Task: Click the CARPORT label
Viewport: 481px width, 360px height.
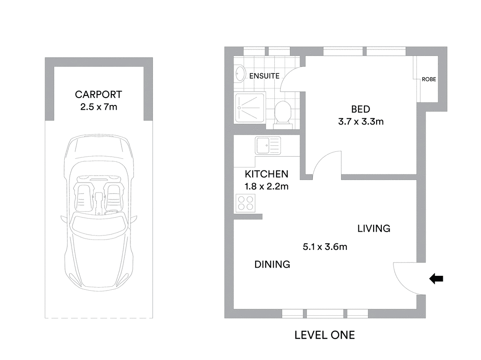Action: pyautogui.click(x=98, y=95)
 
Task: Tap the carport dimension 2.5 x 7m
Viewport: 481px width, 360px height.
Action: pyautogui.click(x=98, y=107)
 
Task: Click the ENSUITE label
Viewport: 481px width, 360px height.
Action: pyautogui.click(x=264, y=76)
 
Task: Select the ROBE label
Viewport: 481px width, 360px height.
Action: pyautogui.click(x=429, y=79)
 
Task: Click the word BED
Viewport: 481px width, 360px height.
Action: pyautogui.click(x=361, y=109)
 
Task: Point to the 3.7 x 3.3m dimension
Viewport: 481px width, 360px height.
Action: pyautogui.click(x=361, y=121)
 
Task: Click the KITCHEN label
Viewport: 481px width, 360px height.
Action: pyautogui.click(x=266, y=174)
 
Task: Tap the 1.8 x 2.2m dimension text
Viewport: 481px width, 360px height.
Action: pyautogui.click(x=266, y=187)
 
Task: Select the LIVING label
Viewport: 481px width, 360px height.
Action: pyautogui.click(x=374, y=228)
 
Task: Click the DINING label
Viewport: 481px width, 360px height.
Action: pyautogui.click(x=272, y=264)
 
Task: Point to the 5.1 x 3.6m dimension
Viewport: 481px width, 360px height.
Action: pyautogui.click(x=325, y=247)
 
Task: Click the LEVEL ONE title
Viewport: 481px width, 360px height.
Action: pyautogui.click(x=325, y=335)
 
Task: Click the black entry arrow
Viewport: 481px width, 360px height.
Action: pyautogui.click(x=436, y=279)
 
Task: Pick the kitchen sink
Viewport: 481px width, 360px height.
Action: pyautogui.click(x=267, y=145)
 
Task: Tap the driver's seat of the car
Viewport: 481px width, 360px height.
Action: pyautogui.click(x=114, y=195)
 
